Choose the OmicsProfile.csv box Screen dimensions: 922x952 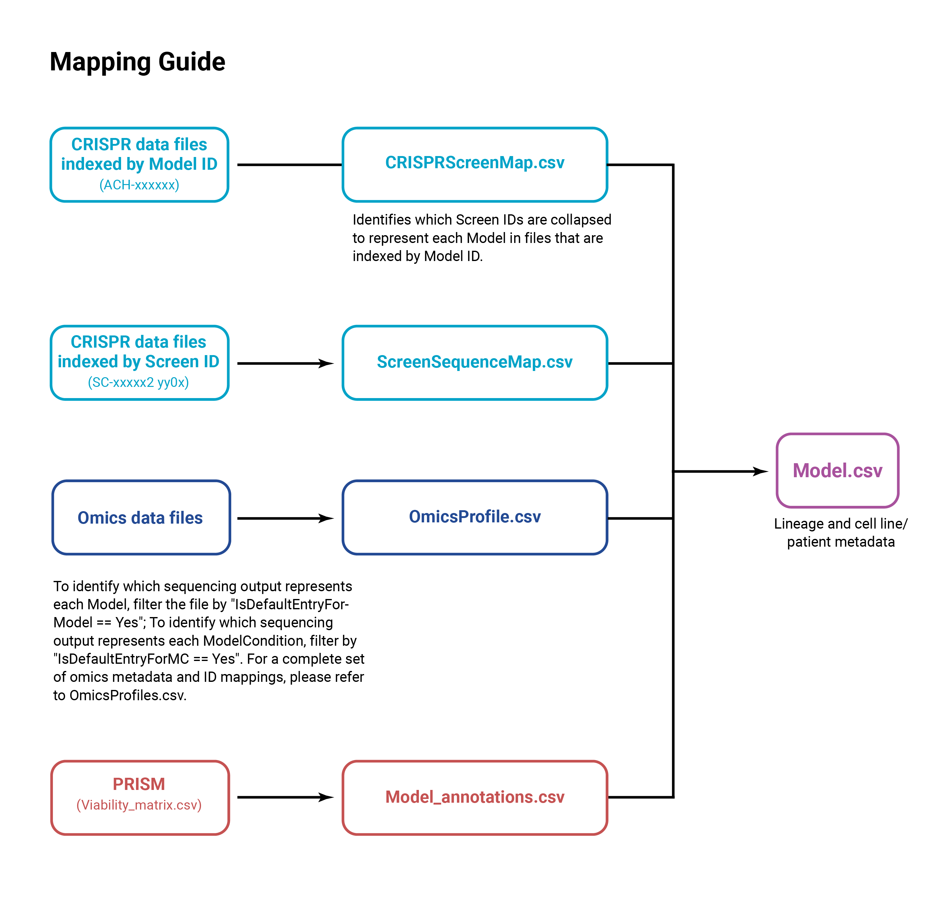[x=475, y=517]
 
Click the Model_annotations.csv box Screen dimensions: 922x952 [x=475, y=797]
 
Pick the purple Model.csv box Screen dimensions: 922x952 [x=837, y=470]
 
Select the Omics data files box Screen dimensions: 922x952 [x=140, y=518]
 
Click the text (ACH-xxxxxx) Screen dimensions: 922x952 [x=139, y=185]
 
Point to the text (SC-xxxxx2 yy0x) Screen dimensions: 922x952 [x=138, y=383]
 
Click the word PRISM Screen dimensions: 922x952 [x=139, y=784]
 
